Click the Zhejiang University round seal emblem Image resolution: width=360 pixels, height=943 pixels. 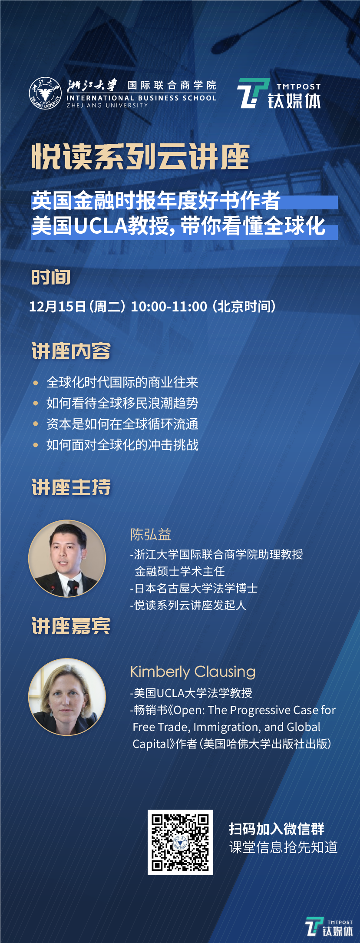tap(46, 93)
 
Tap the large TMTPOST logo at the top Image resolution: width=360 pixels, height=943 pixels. tap(279, 93)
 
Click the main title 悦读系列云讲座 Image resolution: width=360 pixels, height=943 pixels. tap(140, 157)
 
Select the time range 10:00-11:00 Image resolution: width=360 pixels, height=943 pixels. tap(169, 307)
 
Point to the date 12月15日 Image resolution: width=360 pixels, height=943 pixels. tap(57, 307)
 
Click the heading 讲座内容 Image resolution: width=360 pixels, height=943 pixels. tap(71, 351)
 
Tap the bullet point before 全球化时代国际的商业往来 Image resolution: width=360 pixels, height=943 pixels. tap(36, 383)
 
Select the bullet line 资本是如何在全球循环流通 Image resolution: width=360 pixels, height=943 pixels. tap(122, 424)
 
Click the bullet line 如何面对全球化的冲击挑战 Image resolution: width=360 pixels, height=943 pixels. tap(122, 445)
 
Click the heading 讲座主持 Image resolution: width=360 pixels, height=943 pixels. tap(71, 487)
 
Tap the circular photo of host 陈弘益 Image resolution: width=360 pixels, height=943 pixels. tap(67, 559)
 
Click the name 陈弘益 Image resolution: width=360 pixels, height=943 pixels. tap(151, 534)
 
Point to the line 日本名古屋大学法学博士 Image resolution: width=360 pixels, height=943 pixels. tap(194, 589)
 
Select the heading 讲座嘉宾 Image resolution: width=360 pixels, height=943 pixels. tap(71, 626)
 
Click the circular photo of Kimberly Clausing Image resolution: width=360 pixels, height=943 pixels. tap(67, 697)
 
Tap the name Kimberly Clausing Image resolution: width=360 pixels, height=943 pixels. tap(193, 672)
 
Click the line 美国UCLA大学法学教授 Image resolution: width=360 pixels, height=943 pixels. tap(191, 693)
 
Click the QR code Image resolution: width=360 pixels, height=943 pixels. tap(180, 843)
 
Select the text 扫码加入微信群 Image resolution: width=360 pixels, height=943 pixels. tap(277, 829)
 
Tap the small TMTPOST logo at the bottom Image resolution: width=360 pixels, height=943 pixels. tap(329, 927)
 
